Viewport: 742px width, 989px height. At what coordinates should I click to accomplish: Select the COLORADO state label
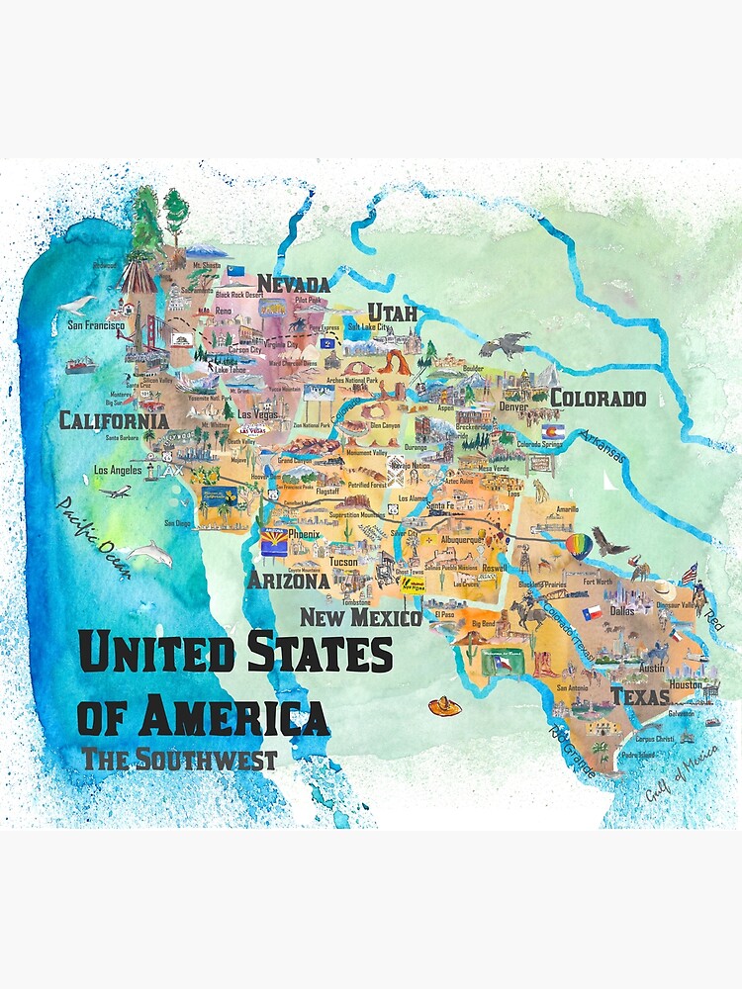coord(598,399)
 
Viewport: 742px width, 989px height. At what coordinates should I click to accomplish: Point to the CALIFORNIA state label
coord(114,420)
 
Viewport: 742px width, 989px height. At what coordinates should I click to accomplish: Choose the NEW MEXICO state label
coord(361,618)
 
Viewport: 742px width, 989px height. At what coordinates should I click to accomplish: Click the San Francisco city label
coord(95,324)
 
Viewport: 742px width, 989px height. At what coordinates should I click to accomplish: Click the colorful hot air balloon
coord(579,545)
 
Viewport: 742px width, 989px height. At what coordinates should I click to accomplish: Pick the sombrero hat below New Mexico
coord(444,706)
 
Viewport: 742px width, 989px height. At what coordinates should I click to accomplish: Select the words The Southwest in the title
coord(179,760)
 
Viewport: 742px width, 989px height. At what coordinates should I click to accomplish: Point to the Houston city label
coord(685,684)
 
